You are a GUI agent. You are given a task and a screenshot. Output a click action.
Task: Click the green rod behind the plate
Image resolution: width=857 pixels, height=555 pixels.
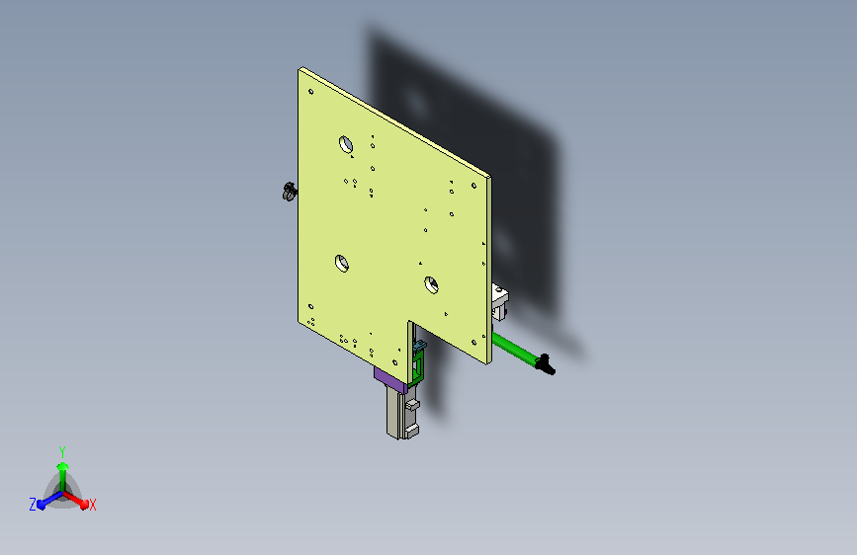514,349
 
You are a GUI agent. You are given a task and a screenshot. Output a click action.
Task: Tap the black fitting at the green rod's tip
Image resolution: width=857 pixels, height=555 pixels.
546,365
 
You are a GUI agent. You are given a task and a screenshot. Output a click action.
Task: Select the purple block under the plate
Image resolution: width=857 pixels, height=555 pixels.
390,379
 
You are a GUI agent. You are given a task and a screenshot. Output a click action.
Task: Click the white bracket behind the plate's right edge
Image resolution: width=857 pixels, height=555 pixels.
499,301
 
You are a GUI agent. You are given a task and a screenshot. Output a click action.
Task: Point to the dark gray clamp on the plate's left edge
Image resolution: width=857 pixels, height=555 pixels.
290,192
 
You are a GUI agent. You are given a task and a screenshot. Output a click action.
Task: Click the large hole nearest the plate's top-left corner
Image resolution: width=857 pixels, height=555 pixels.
346,145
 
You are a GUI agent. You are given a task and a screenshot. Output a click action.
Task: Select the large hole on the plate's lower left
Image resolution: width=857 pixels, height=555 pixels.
342,264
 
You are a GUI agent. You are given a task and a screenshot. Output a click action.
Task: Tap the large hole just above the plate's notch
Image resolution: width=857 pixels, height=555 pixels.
431,284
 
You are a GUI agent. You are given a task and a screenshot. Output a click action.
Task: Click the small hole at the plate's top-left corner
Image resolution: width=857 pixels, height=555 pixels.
311,91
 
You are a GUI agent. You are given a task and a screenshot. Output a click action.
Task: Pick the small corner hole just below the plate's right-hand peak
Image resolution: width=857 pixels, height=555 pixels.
473,186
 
